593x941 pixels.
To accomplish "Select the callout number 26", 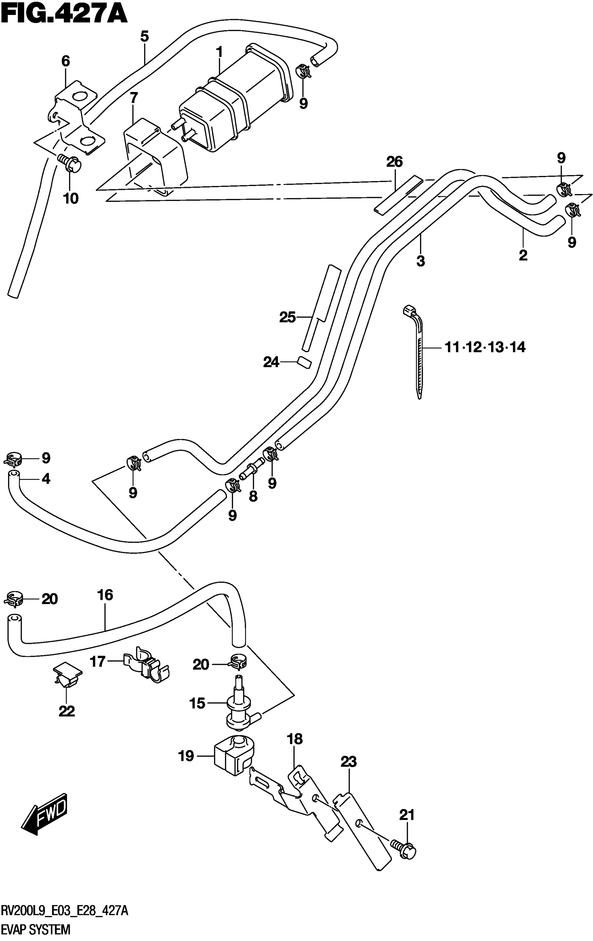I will pos(394,161).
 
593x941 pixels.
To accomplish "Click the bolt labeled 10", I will pos(70,164).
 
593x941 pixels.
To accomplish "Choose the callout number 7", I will pos(134,98).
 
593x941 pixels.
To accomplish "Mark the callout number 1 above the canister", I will pos(219,52).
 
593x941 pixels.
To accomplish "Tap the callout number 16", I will pos(105,595).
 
